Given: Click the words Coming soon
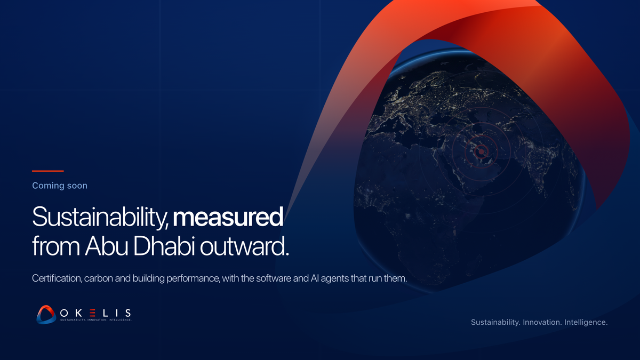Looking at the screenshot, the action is click(x=60, y=186).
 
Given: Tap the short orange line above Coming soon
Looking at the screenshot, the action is click(x=47, y=171).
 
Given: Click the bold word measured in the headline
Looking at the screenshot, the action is click(x=228, y=217).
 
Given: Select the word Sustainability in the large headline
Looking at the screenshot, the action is click(x=99, y=217).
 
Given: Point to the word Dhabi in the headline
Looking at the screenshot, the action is click(x=164, y=246).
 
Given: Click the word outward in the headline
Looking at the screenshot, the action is click(x=244, y=246).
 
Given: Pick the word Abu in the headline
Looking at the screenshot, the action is click(x=106, y=246).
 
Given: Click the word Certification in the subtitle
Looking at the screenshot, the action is click(x=57, y=278).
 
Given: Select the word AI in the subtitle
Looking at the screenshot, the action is click(x=315, y=278).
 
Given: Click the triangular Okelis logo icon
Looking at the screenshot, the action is click(x=46, y=315).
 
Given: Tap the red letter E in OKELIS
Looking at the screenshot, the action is click(x=92, y=313).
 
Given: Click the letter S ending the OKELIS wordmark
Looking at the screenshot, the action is click(x=129, y=313).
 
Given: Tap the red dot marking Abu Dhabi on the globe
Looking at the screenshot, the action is click(x=482, y=151).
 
